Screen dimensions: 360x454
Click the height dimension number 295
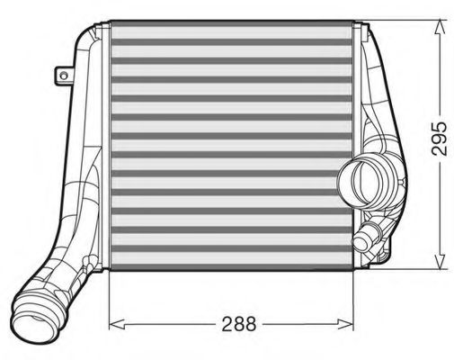438,138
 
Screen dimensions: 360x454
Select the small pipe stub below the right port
366,240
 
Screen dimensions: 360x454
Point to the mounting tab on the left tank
64,75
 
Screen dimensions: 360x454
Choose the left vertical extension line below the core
109,301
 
